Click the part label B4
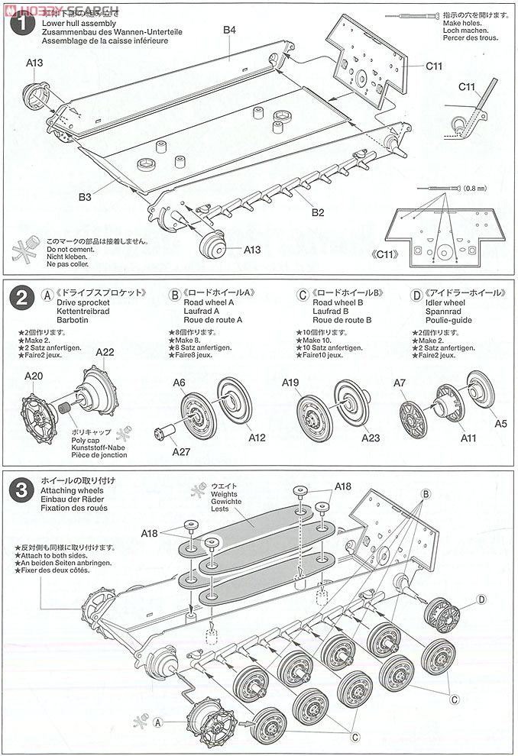pos(230,30)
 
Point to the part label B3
pos(84,197)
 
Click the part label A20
pos(34,376)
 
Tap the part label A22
pos(106,352)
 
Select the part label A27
pos(181,452)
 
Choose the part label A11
pos(468,439)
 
